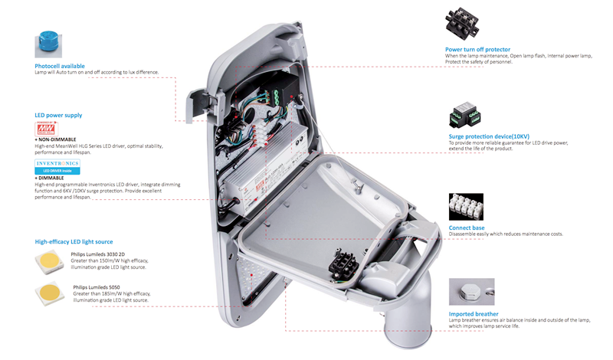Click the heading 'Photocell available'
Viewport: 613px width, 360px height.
[x=60, y=66]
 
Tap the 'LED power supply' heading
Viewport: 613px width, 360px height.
[x=58, y=115]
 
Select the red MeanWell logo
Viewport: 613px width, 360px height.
[x=47, y=128]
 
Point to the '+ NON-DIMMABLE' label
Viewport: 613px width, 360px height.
[x=58, y=139]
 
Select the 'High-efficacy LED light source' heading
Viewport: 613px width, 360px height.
[x=74, y=241]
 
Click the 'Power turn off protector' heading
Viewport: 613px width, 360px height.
[x=477, y=49]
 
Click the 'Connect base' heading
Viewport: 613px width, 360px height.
[x=467, y=227]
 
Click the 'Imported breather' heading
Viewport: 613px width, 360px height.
[x=474, y=313]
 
